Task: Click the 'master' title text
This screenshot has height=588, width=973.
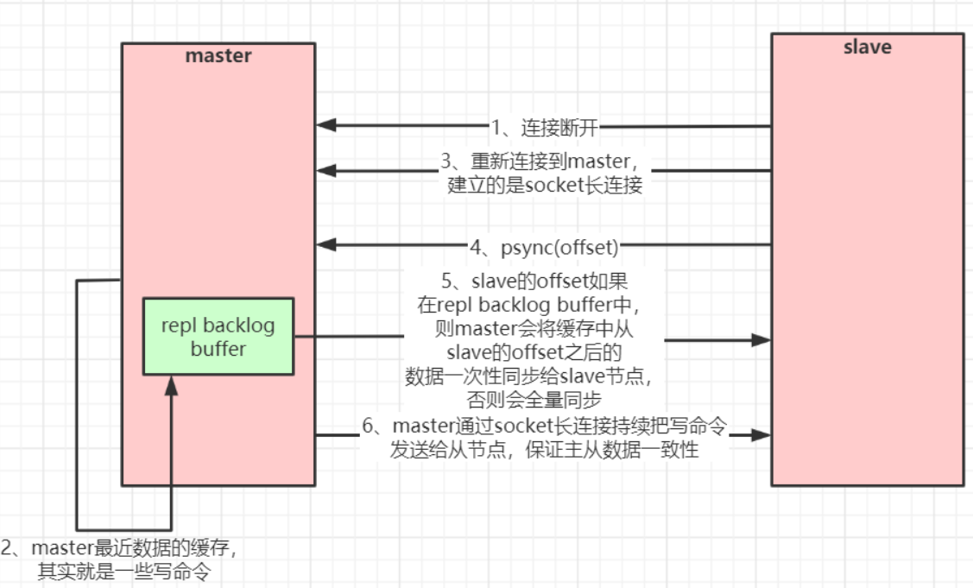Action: tap(218, 56)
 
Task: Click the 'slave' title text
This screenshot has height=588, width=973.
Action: tap(867, 47)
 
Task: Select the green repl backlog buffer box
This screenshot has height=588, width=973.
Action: tap(218, 337)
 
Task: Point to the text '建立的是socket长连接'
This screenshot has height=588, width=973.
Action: tap(545, 185)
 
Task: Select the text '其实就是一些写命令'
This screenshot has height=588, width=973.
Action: tap(123, 571)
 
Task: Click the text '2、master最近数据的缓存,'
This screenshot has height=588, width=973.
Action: tap(120, 548)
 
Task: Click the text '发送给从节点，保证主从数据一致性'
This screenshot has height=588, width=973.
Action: tap(544, 449)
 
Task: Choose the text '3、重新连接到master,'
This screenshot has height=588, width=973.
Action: tap(543, 162)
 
